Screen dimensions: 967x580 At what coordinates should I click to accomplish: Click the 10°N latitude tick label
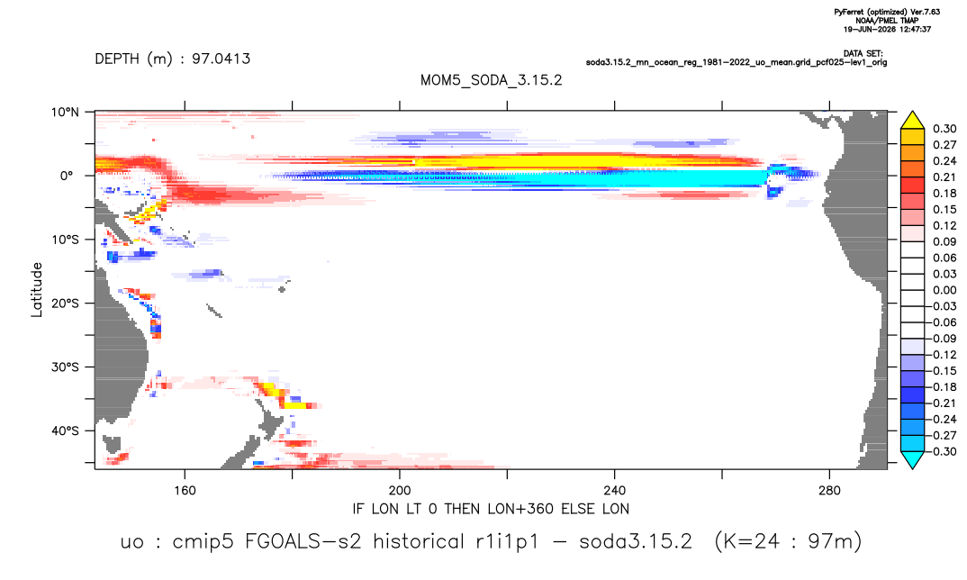pyautogui.click(x=65, y=113)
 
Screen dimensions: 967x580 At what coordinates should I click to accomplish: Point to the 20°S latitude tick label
pyautogui.click(x=65, y=304)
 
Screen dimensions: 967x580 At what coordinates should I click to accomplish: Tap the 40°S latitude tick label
pyautogui.click(x=65, y=430)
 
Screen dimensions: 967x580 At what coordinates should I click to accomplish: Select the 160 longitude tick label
pyautogui.click(x=185, y=491)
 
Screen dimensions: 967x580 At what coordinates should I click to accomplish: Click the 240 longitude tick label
pyautogui.click(x=615, y=491)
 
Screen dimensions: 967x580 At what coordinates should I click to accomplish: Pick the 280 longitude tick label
pyautogui.click(x=829, y=491)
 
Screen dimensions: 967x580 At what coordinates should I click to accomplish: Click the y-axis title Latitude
pyautogui.click(x=37, y=290)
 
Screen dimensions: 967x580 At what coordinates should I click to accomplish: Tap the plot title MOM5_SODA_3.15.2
pyautogui.click(x=492, y=80)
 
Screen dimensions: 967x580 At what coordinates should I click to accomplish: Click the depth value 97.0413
pyautogui.click(x=221, y=59)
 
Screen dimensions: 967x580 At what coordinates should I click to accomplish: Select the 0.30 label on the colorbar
pyautogui.click(x=944, y=129)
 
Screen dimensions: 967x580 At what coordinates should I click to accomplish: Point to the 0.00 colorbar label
pyautogui.click(x=944, y=290)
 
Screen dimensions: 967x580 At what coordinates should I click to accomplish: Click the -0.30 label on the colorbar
pyautogui.click(x=943, y=451)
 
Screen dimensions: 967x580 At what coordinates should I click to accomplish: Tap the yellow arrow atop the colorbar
pyautogui.click(x=912, y=121)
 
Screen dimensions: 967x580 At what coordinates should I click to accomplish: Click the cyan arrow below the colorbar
pyautogui.click(x=912, y=459)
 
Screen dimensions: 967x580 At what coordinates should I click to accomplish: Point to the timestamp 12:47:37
pyautogui.click(x=913, y=29)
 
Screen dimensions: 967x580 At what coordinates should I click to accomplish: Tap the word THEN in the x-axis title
pyautogui.click(x=463, y=509)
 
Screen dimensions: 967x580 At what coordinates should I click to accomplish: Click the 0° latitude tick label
pyautogui.click(x=67, y=176)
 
